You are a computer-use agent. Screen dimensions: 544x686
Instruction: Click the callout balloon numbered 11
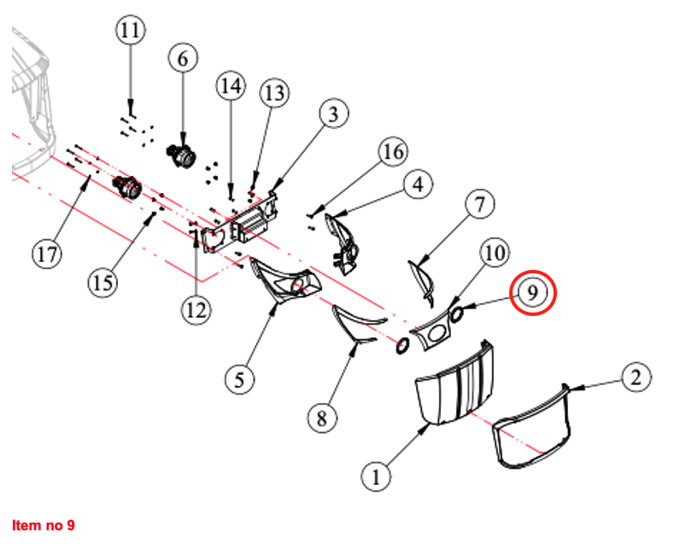tap(130, 32)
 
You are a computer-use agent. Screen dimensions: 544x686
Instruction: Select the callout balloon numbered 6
tap(182, 58)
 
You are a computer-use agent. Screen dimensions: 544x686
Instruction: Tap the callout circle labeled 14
tap(231, 85)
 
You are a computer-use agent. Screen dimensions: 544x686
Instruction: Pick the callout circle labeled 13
tap(274, 93)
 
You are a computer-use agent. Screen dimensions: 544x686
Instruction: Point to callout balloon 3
tap(334, 113)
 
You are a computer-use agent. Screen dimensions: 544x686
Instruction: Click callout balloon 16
tap(392, 153)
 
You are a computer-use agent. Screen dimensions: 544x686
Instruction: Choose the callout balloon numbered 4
tap(418, 183)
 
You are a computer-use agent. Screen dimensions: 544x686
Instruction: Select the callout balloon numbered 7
tap(480, 204)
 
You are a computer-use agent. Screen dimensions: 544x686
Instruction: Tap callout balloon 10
tap(495, 254)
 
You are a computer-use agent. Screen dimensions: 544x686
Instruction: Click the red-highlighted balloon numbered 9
tap(532, 292)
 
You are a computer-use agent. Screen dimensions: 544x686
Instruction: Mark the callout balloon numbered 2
tap(635, 376)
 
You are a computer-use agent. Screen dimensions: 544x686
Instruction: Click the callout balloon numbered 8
tap(322, 418)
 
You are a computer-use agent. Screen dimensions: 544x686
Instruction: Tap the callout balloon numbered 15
tap(103, 281)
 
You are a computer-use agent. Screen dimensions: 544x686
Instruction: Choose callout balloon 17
tap(48, 253)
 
